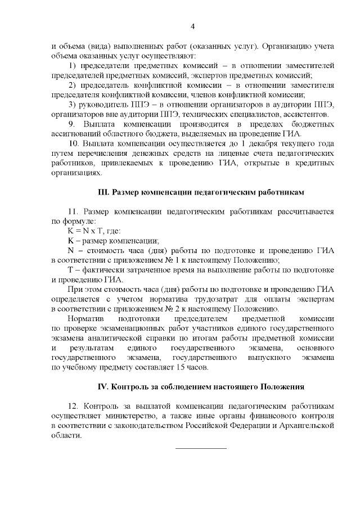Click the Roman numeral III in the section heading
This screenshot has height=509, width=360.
coord(103,192)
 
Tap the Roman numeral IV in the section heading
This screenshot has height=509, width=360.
coord(103,387)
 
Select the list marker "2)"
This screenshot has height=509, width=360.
coord(73,85)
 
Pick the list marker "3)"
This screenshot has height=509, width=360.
coord(73,105)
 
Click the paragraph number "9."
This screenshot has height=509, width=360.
coord(71,124)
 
